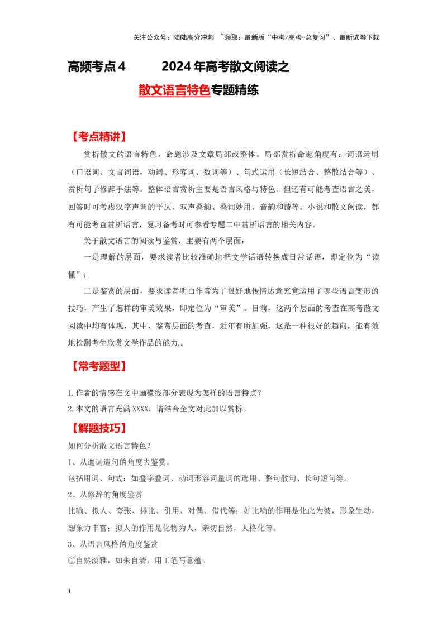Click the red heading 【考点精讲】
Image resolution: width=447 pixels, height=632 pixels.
(x=98, y=137)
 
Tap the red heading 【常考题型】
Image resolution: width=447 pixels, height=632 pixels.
(x=98, y=366)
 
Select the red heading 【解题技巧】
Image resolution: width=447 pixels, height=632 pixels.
(x=98, y=428)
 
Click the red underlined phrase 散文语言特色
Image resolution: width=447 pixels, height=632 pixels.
(x=174, y=90)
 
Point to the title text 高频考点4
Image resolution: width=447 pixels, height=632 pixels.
(x=97, y=66)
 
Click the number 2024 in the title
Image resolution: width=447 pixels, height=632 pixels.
(x=177, y=66)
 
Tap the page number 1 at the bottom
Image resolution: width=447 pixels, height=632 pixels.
(x=69, y=591)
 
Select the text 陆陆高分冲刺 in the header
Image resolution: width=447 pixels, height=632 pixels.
(x=193, y=37)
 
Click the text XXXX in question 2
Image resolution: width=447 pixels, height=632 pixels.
(x=140, y=409)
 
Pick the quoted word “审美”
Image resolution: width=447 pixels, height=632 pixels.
(x=228, y=308)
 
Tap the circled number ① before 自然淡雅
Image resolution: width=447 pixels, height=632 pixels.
(x=72, y=561)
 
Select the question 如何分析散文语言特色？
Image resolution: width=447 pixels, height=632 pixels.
(x=110, y=446)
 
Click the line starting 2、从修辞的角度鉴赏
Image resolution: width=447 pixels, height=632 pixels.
(x=105, y=495)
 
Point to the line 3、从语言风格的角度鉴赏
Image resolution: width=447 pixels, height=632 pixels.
(x=112, y=544)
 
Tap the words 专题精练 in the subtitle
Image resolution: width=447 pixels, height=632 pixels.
(x=235, y=90)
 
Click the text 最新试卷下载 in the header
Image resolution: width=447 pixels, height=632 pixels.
(x=359, y=37)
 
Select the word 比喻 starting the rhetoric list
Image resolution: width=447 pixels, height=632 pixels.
(x=76, y=511)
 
